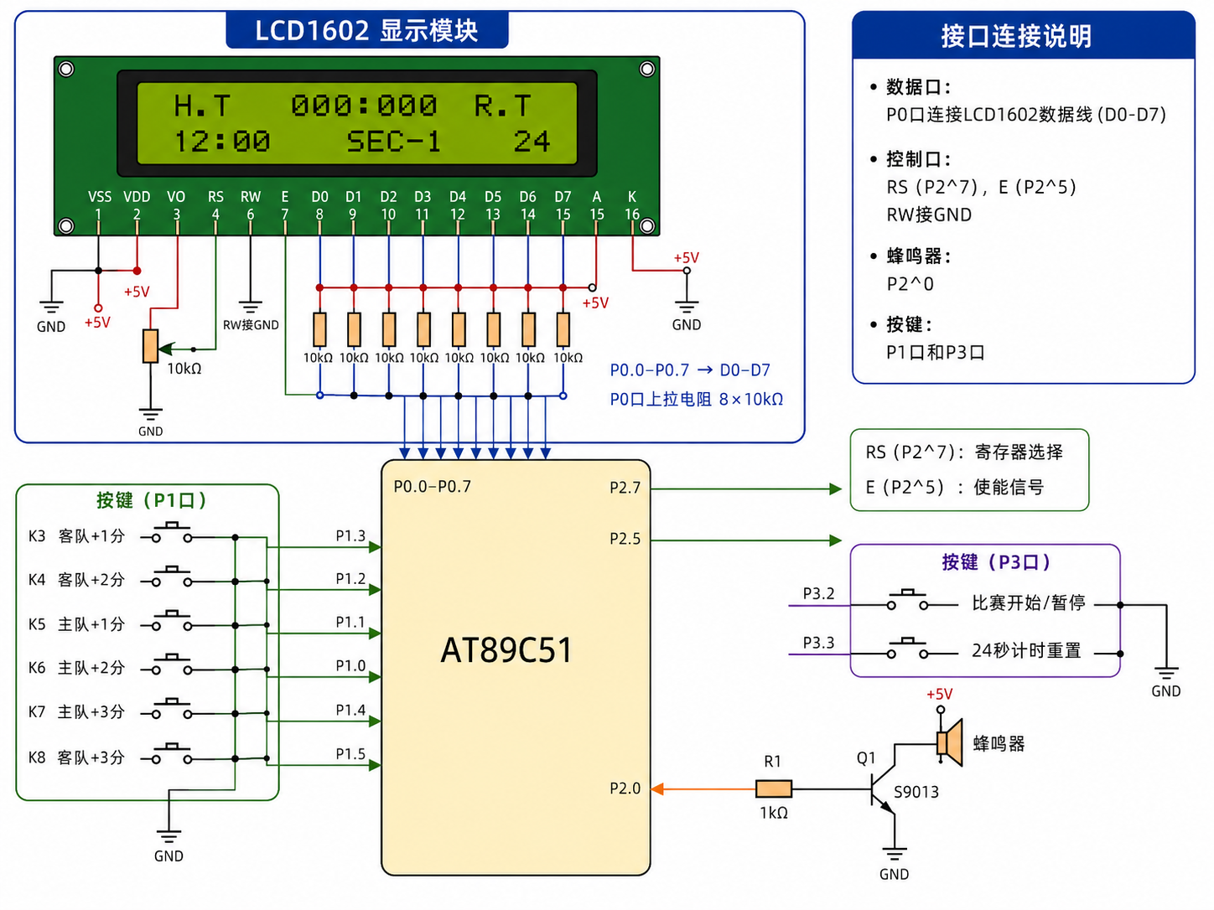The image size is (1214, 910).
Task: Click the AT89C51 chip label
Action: coord(506,650)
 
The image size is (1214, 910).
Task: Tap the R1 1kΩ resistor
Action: coord(773,788)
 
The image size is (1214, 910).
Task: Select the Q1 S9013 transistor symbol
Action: coord(883,789)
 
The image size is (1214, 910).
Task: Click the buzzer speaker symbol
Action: coord(950,742)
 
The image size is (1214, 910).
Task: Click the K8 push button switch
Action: coord(172,754)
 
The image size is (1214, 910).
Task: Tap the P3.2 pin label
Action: coord(818,593)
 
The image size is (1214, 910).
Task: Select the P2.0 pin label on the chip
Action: coord(625,788)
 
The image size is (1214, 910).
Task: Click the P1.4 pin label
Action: coord(350,710)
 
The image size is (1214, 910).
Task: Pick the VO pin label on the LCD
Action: coord(176,197)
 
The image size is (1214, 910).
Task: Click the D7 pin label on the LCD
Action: coord(563,197)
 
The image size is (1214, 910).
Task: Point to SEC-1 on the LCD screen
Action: coord(393,142)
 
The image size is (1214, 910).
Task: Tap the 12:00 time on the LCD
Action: coord(222,142)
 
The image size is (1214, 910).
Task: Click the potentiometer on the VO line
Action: coord(150,346)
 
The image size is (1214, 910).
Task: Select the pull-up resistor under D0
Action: coord(319,330)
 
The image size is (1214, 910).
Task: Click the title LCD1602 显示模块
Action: coord(366,30)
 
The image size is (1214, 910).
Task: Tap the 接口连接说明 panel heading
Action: coord(1016,37)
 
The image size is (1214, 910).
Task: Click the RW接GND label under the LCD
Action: coord(251,325)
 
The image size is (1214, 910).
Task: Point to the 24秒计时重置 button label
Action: coord(1026,650)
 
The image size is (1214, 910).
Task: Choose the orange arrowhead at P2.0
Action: coord(657,789)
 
